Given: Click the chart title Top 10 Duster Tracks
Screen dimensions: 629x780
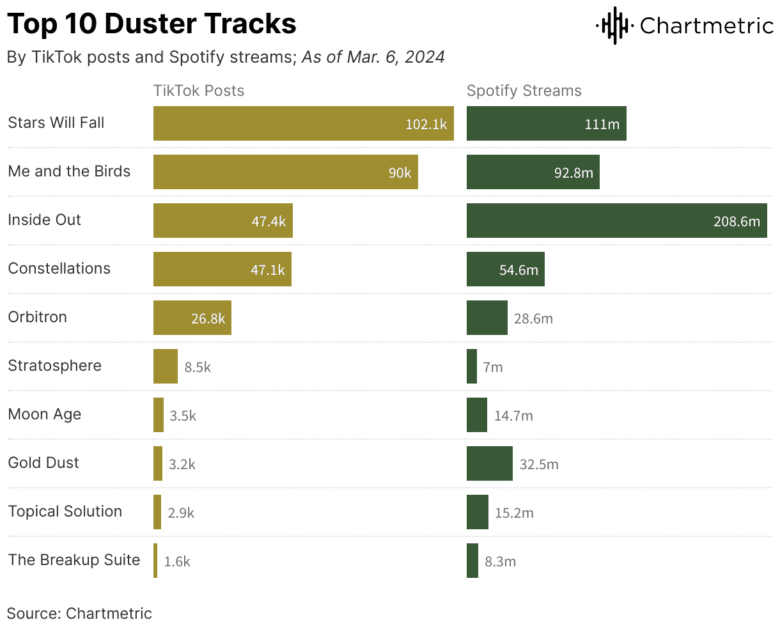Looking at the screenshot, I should tap(152, 24).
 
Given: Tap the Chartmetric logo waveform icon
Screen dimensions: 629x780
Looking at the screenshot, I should tap(614, 26).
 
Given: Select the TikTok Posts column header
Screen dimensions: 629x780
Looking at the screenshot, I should tap(199, 91).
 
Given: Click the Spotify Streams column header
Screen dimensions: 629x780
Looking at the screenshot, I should tap(524, 91).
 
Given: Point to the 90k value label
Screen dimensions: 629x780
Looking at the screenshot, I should tap(400, 173).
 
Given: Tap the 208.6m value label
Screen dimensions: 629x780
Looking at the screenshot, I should tap(737, 221).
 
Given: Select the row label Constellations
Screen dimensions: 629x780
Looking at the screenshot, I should tap(59, 268).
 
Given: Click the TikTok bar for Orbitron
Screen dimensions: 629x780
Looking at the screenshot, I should tap(192, 318).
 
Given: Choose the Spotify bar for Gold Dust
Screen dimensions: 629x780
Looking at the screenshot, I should tap(489, 463).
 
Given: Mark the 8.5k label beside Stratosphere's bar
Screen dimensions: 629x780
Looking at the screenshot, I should tap(198, 367).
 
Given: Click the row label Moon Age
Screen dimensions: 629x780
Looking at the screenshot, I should tap(45, 414).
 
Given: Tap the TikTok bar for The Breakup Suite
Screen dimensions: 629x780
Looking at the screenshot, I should tap(155, 561).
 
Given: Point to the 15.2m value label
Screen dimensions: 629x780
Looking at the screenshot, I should tap(514, 513).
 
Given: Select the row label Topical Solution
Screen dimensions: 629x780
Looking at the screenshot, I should tap(65, 511).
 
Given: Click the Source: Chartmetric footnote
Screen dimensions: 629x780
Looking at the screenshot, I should tap(79, 614).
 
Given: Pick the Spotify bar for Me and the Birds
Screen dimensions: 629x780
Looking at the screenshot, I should tap(533, 172).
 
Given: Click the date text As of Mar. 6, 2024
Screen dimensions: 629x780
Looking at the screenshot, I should tap(373, 57).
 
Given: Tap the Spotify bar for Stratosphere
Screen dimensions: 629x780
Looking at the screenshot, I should tap(472, 366).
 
